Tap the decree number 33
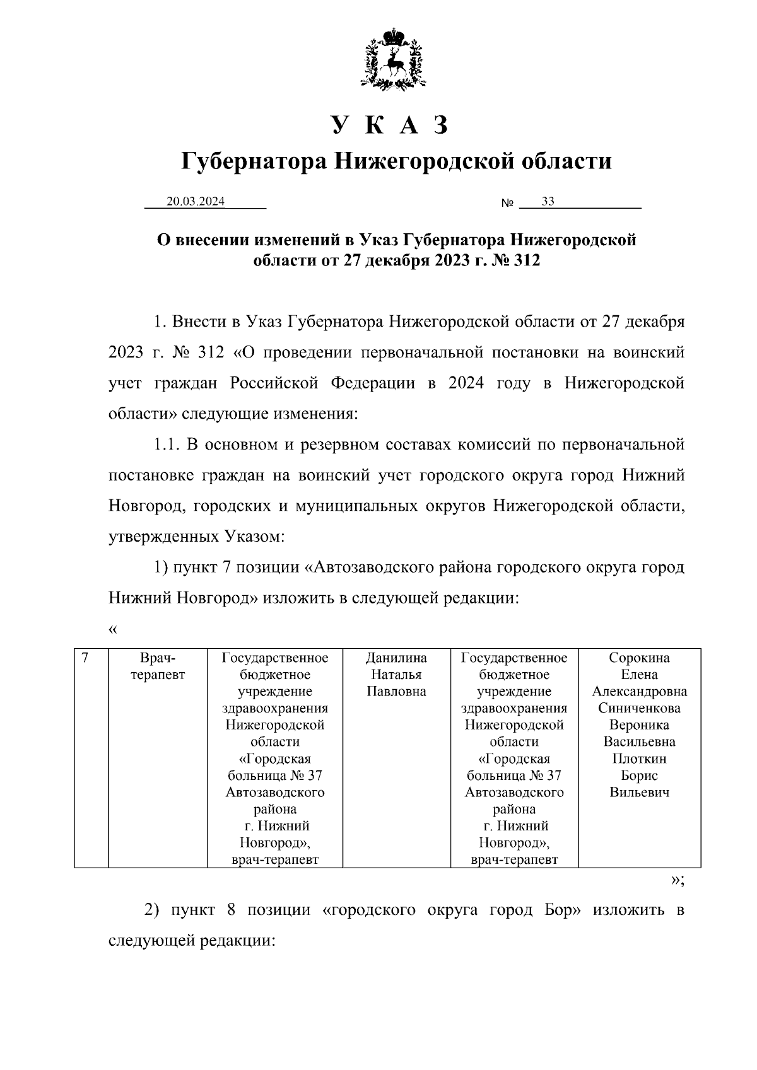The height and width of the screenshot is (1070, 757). coord(548,202)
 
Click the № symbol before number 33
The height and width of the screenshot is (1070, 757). coord(507,204)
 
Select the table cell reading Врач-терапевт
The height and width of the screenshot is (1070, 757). coord(158,666)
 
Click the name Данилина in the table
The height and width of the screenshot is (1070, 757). coord(396,658)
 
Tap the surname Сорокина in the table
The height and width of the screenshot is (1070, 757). coord(639,658)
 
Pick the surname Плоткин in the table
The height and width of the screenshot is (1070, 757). coord(639,759)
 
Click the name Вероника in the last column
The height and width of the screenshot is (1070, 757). coord(639,725)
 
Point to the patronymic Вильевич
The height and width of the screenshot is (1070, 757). coord(639,793)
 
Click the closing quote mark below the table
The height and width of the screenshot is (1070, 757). coord(678,881)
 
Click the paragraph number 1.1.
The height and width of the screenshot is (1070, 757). coord(167,445)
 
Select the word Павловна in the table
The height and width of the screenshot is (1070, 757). coord(396,692)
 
